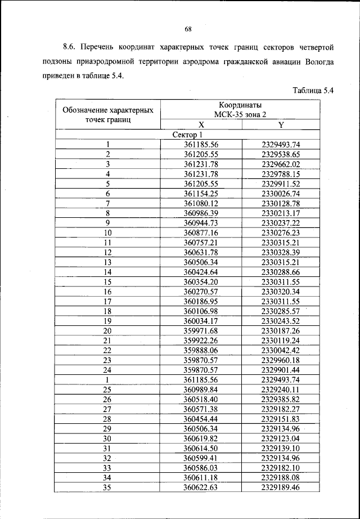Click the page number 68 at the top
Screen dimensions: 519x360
pyautogui.click(x=188, y=29)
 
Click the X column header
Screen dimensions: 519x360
pyautogui.click(x=201, y=125)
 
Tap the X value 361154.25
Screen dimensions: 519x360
pyautogui.click(x=201, y=193)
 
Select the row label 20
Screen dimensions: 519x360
pyautogui.click(x=107, y=331)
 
